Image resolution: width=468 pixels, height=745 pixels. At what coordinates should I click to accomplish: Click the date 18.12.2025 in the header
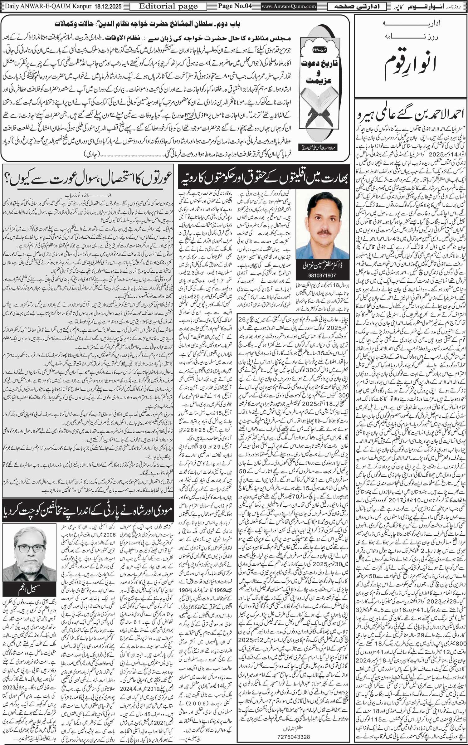(x=111, y=6)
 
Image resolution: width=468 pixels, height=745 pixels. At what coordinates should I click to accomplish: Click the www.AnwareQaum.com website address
(x=289, y=6)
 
